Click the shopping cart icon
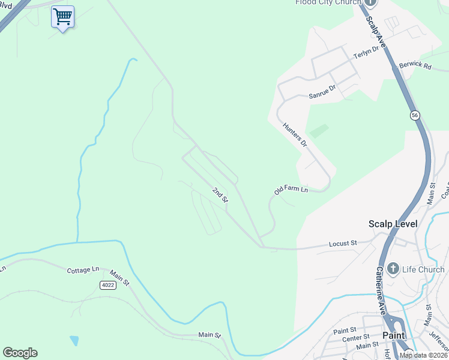click(62, 17)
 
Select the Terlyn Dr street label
click(367, 53)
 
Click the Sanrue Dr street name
click(322, 91)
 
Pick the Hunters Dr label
click(295, 135)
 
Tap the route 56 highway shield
click(415, 115)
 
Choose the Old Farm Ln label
click(291, 190)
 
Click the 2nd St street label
click(220, 194)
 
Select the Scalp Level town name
click(393, 224)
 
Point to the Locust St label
click(343, 244)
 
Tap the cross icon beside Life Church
click(393, 269)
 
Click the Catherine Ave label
click(381, 290)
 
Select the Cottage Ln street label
click(82, 270)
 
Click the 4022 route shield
click(107, 285)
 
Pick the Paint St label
click(345, 331)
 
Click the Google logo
click(20, 353)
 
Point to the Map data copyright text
click(423, 355)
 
